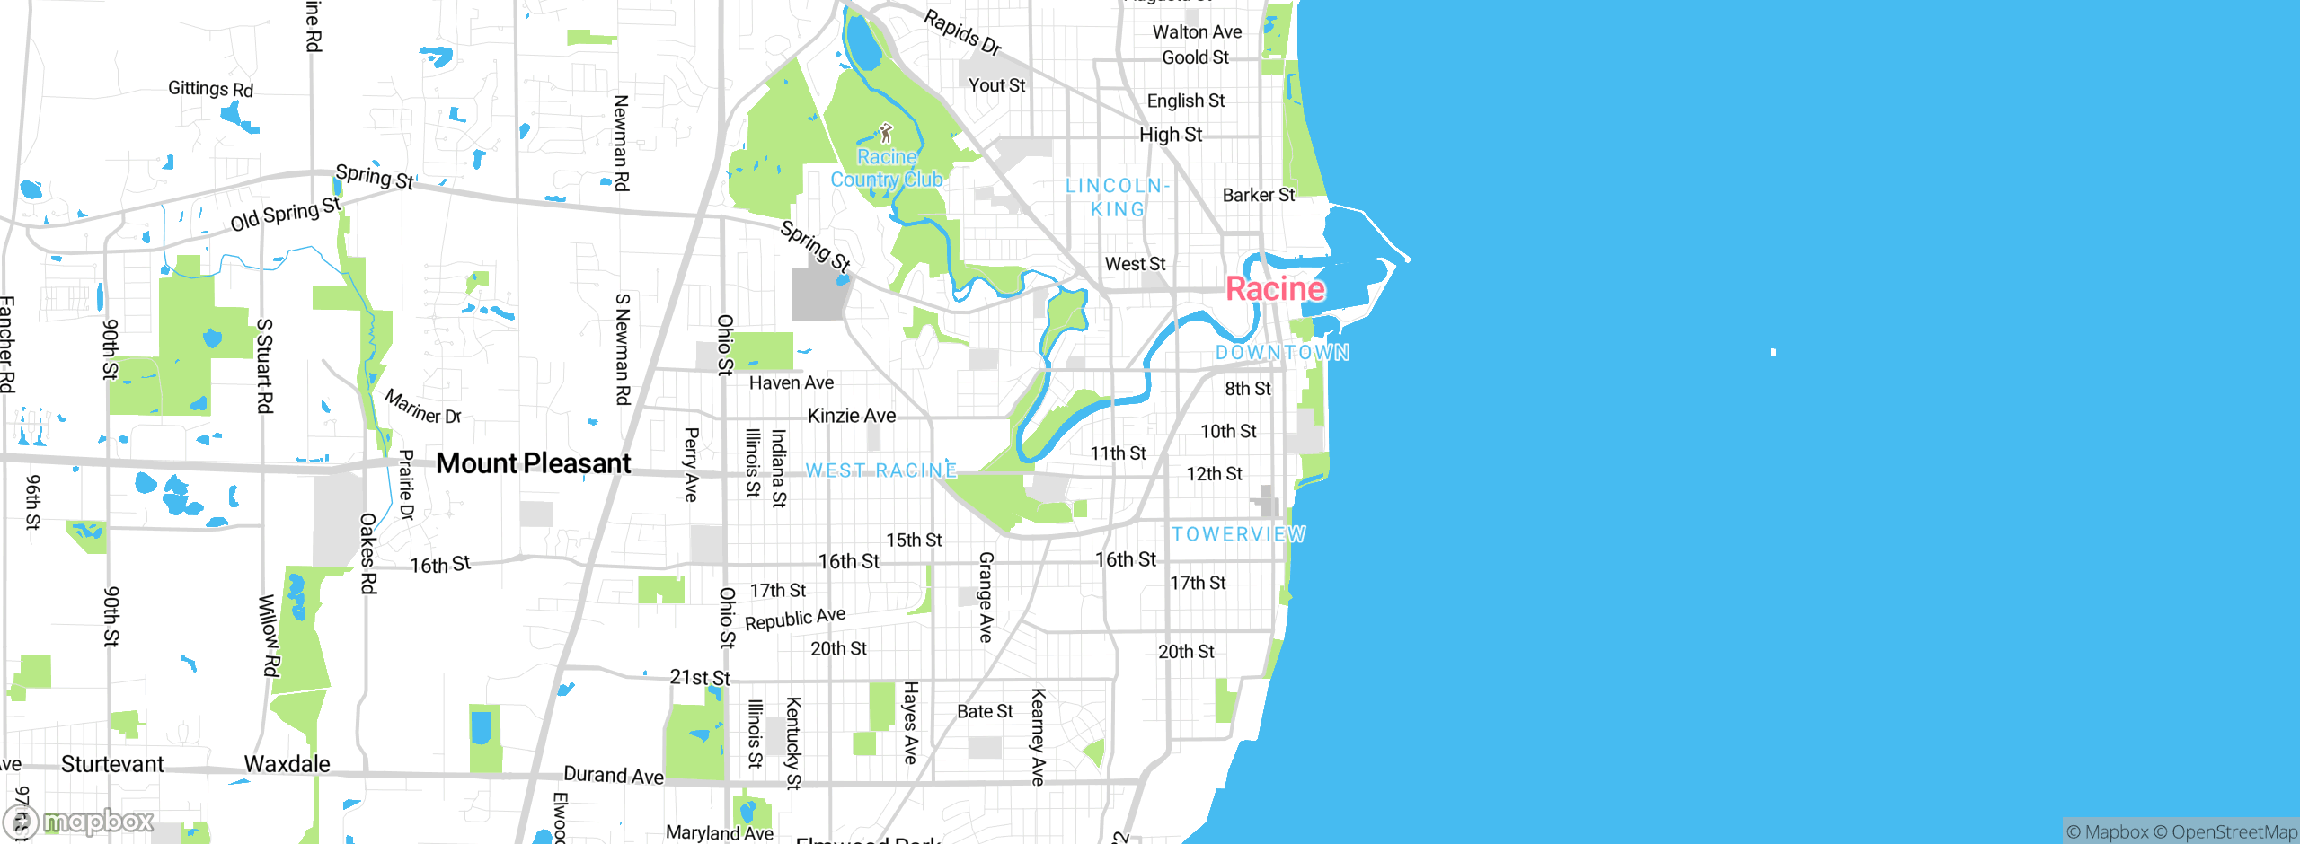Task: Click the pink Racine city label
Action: [1275, 289]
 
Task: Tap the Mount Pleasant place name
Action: [534, 463]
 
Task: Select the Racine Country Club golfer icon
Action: [886, 134]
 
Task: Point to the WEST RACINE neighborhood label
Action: [880, 470]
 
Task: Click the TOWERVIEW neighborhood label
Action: [1238, 534]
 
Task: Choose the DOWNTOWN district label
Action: [1282, 352]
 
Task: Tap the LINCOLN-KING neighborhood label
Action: [1117, 198]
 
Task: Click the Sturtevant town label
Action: [112, 764]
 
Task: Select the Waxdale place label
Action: [287, 764]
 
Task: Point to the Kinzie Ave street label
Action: [851, 416]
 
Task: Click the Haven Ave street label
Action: [792, 382]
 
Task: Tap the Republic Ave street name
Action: [795, 619]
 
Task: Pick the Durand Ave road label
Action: [614, 775]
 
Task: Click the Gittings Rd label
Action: [210, 89]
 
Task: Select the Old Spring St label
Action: [286, 215]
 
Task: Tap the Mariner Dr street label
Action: [423, 407]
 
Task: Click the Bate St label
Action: [985, 711]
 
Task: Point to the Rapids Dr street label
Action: [962, 32]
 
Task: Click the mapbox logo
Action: [79, 822]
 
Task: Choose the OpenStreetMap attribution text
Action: [2234, 832]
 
